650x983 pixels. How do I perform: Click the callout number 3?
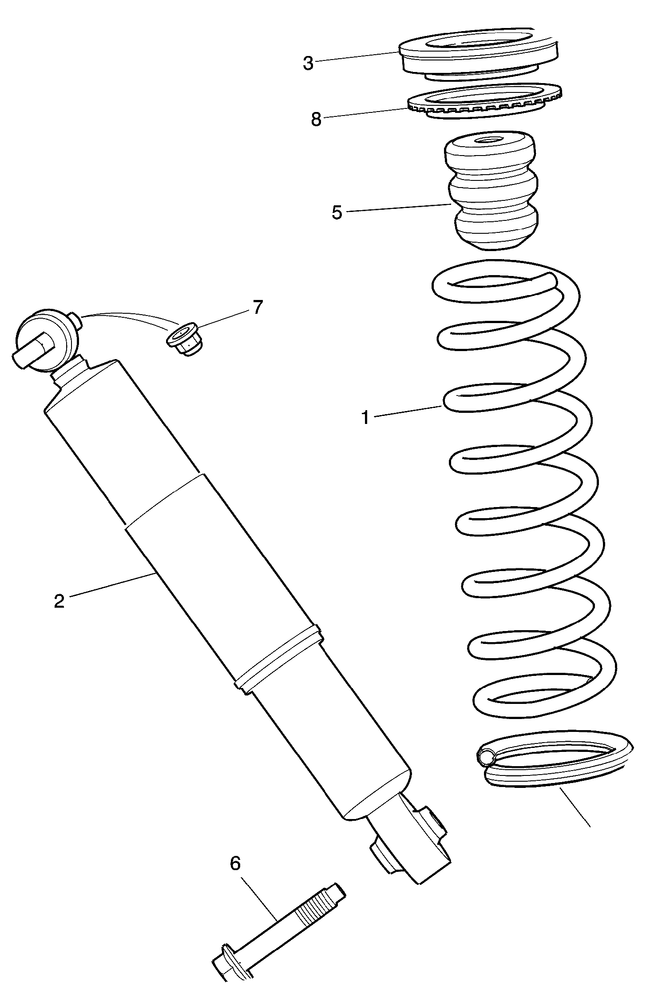(x=308, y=63)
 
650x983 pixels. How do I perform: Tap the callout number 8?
(x=316, y=119)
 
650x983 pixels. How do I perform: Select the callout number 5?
(x=337, y=212)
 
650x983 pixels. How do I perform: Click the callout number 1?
(x=365, y=418)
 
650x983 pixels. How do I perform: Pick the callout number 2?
(x=59, y=601)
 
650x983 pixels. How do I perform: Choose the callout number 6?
(x=235, y=863)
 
